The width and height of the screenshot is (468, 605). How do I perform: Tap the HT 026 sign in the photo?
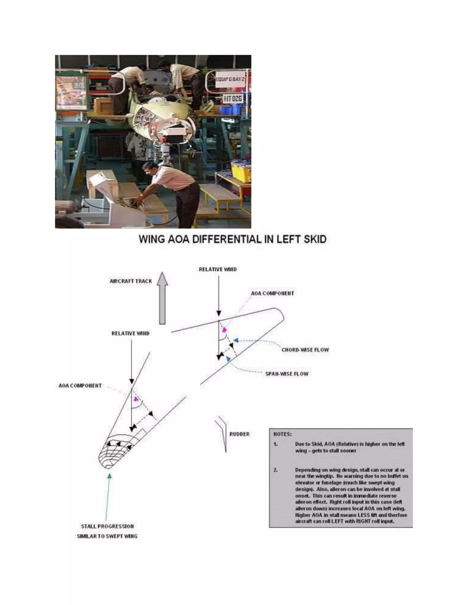pyautogui.click(x=233, y=99)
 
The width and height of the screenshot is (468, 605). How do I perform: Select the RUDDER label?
pyautogui.click(x=239, y=434)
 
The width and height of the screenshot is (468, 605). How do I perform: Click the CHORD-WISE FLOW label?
pyautogui.click(x=305, y=350)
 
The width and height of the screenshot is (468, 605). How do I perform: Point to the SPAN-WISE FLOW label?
pyautogui.click(x=287, y=374)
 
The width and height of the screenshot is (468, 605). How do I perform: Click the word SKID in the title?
pyautogui.click(x=315, y=239)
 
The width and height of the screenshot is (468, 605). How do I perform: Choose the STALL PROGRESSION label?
pyautogui.click(x=107, y=526)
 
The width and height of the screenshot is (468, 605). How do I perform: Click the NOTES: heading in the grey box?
pyautogui.click(x=282, y=434)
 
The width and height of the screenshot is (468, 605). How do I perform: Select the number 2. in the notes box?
pyautogui.click(x=276, y=470)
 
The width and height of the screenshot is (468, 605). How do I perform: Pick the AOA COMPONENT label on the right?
pyautogui.click(x=272, y=293)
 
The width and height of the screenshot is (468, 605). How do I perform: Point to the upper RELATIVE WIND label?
pyautogui.click(x=218, y=269)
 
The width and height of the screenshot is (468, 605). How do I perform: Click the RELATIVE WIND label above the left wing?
pyautogui.click(x=130, y=334)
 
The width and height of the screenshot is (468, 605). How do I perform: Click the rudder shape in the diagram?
pyautogui.click(x=223, y=432)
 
